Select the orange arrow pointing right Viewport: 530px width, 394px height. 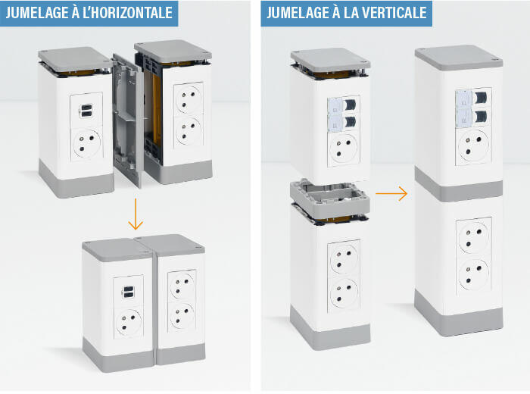pyautogui.click(x=391, y=194)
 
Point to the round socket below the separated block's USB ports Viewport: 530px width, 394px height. pyautogui.click(x=86, y=142)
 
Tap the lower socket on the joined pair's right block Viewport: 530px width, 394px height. pyautogui.click(x=180, y=317)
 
